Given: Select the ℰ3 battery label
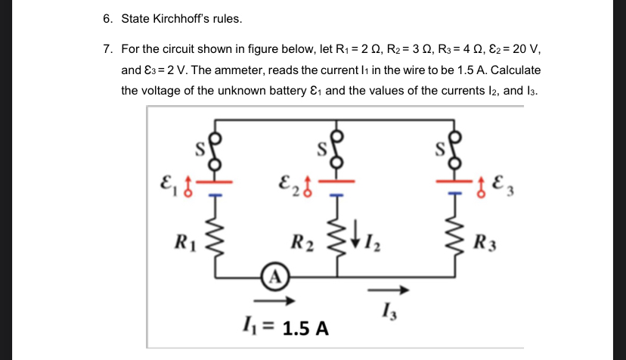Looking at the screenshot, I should [503, 182].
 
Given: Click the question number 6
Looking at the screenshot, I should [107, 17].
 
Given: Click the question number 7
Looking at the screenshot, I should [107, 50].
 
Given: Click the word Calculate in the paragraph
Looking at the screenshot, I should [515, 70].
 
